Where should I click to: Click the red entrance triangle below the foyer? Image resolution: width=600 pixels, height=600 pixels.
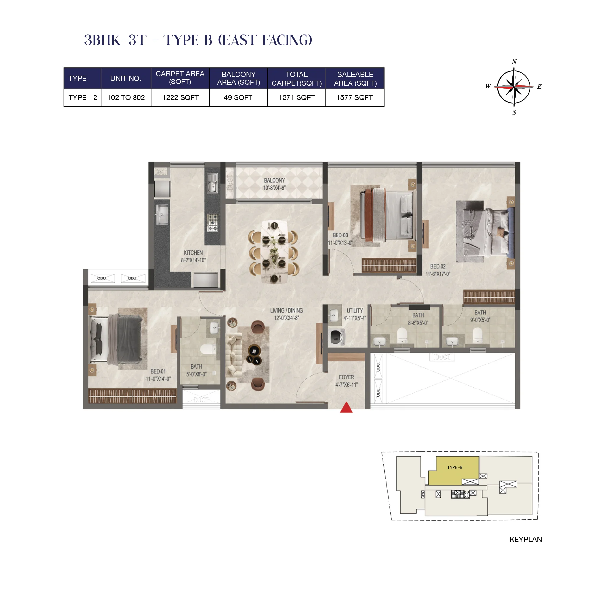346,408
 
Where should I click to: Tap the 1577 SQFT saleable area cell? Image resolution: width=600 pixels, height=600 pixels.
354,97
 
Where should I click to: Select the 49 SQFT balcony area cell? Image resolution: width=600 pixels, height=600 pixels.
238,97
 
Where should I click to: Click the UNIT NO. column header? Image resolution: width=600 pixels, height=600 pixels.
125,78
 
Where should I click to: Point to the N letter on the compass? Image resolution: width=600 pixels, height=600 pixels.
514,62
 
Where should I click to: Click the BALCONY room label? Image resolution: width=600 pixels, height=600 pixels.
274,180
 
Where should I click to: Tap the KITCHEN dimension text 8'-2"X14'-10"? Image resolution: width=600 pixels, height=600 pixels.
193,260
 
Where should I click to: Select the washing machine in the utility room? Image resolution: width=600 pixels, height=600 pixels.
337,338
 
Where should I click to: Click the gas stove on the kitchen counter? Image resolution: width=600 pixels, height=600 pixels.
213,223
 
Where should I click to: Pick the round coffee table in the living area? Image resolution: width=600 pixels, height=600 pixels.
254,351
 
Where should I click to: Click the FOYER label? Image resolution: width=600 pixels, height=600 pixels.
346,377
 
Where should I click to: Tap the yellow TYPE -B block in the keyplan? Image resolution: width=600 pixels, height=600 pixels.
454,468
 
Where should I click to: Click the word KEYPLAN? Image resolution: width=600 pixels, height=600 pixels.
525,539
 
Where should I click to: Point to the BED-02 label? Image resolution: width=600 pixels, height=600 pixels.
438,266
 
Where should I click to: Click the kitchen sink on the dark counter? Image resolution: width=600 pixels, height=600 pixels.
212,183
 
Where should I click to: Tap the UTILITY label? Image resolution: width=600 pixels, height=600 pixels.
354,311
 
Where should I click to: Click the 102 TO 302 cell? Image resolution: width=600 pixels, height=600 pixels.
126,97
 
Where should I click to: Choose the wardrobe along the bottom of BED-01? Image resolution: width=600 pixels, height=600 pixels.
132,396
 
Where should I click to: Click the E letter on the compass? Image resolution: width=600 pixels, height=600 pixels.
539,86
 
